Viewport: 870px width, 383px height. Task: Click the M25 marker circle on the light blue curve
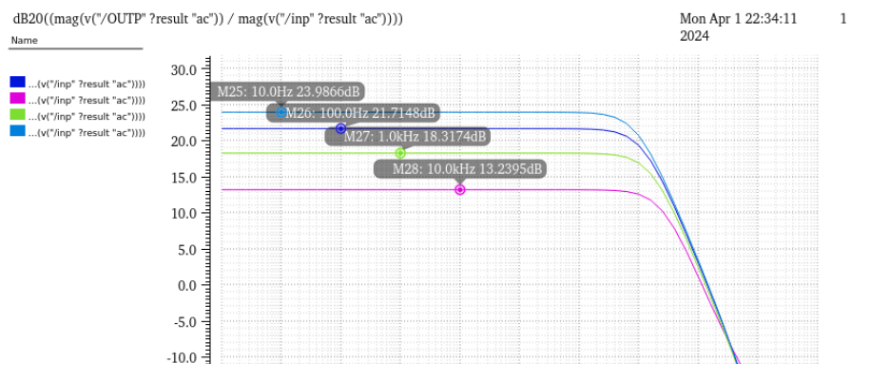(281, 112)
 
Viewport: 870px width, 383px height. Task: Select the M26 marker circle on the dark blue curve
(340, 128)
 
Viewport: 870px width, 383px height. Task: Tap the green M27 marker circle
(400, 153)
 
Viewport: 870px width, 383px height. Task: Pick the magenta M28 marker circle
(460, 189)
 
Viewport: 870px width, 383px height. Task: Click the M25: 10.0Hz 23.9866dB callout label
(287, 91)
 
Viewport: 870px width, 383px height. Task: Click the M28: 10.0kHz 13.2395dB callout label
(460, 168)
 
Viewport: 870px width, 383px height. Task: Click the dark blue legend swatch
(18, 83)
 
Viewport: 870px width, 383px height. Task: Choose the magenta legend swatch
(18, 99)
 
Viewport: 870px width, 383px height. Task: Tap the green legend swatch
(18, 115)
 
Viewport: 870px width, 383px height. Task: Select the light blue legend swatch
(18, 131)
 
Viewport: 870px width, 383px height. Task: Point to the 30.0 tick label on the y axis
(184, 69)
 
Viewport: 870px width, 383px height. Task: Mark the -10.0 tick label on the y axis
(182, 357)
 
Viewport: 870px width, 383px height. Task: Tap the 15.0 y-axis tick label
(184, 178)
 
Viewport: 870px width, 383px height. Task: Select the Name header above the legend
(25, 41)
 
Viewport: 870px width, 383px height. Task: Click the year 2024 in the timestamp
(694, 36)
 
